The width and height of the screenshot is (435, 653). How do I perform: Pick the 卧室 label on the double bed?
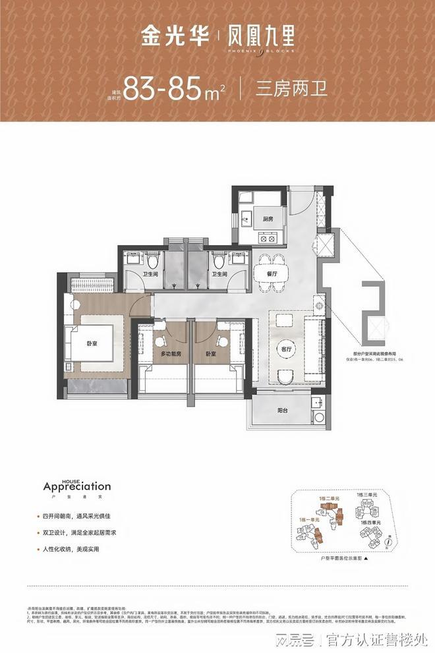tap(93, 343)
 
